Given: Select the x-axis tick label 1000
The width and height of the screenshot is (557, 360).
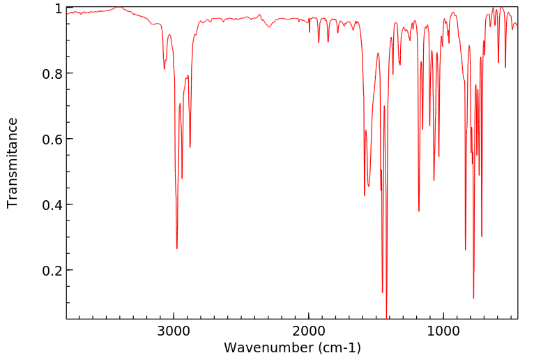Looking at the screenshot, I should (x=443, y=329).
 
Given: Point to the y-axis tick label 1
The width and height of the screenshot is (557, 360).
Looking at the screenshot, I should (x=59, y=8).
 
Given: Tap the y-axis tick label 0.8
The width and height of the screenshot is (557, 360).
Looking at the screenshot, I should (x=53, y=73).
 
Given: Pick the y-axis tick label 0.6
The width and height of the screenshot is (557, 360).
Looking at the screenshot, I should (x=53, y=139).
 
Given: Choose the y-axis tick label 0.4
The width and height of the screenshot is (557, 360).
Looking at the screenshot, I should (x=53, y=204).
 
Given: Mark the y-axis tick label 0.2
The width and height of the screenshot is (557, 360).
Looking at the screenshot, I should (x=53, y=270).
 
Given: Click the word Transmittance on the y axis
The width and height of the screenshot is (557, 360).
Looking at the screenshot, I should (x=13, y=163).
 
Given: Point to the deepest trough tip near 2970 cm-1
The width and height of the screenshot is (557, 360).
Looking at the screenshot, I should (x=177, y=248).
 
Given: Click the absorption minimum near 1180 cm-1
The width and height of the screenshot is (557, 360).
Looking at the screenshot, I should (x=419, y=211).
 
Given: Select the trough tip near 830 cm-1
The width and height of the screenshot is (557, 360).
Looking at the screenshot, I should (x=466, y=250).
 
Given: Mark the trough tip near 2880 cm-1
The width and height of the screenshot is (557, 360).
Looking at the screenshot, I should (x=190, y=147).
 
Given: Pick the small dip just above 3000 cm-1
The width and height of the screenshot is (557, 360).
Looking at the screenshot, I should (x=165, y=68).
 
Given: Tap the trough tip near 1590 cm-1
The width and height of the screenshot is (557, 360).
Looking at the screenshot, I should (x=365, y=195).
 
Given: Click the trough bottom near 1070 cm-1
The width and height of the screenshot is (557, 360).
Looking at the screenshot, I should (x=434, y=181).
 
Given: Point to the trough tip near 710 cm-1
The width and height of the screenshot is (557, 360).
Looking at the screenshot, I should (x=482, y=237).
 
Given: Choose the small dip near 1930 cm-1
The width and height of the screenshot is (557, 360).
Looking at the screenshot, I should (x=319, y=43).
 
